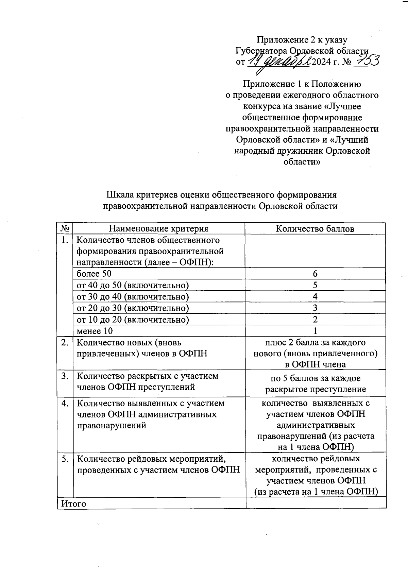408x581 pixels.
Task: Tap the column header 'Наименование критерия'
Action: pos(158,228)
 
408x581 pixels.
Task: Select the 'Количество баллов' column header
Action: pos(315,228)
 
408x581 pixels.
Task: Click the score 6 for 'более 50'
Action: pos(315,274)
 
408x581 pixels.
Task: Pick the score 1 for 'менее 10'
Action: pos(315,331)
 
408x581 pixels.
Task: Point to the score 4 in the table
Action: pos(315,296)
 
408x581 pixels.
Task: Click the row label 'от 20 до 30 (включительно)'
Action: pos(133,308)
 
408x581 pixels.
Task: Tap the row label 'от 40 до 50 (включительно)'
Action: pos(133,285)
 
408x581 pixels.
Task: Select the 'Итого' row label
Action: pos(73,503)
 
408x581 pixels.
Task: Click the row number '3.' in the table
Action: pos(65,376)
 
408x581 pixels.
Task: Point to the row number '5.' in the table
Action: pos(65,459)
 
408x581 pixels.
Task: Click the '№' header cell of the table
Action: pos(65,228)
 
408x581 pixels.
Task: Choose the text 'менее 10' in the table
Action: pos(95,331)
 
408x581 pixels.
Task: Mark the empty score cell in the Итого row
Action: pos(316,503)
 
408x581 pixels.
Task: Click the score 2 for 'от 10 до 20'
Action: pos(315,320)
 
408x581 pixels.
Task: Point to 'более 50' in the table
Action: pos(94,274)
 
